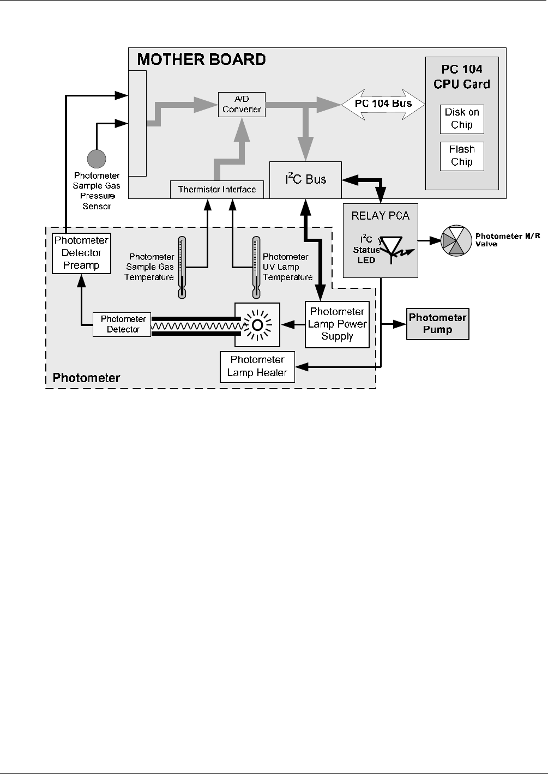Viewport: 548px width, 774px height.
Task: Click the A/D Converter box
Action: tap(242, 104)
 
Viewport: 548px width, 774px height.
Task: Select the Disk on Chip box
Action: tap(462, 119)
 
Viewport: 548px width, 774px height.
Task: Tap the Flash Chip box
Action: tap(462, 156)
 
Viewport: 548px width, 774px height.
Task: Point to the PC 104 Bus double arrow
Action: tap(383, 104)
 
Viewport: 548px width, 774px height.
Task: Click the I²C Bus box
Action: tap(305, 180)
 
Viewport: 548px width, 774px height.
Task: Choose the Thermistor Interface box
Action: tap(217, 189)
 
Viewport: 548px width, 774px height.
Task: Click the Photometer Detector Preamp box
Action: tap(81, 253)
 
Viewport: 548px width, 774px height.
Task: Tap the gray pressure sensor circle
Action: tap(97, 159)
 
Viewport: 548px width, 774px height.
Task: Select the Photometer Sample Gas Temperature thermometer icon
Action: tap(182, 267)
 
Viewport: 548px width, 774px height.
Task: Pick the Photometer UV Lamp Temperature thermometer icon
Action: tap(256, 267)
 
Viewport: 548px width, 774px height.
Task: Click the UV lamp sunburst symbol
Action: tap(257, 325)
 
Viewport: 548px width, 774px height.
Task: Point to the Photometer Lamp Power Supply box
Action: tap(337, 324)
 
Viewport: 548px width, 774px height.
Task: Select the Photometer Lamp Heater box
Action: tap(257, 367)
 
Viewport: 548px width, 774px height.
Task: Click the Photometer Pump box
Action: tap(438, 324)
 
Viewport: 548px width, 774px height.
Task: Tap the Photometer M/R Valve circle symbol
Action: tap(456, 240)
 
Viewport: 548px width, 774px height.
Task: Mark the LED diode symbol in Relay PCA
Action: tap(394, 250)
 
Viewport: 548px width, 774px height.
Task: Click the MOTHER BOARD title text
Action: tap(202, 59)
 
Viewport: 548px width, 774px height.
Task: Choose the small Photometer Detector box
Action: tap(122, 324)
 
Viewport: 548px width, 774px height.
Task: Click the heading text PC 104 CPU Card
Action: tap(462, 77)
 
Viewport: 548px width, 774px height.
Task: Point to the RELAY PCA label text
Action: tap(380, 216)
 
